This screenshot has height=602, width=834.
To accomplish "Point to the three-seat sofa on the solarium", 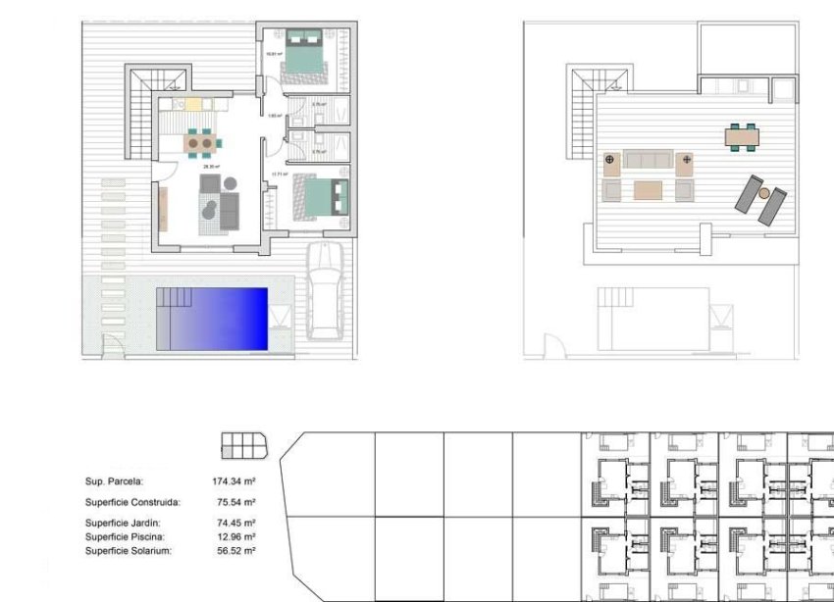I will (650, 160).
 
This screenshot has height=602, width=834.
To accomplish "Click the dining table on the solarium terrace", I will (743, 136).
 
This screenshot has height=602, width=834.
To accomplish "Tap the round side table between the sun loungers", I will (763, 194).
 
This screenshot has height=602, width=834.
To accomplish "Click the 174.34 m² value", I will (234, 481).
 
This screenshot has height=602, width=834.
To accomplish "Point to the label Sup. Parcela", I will (114, 481).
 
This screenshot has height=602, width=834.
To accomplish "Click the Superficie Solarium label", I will (129, 551).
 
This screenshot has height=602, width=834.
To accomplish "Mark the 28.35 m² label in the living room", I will (210, 167).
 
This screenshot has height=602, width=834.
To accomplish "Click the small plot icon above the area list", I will (243, 446).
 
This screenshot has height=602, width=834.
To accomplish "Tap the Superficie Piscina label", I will (125, 537).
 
